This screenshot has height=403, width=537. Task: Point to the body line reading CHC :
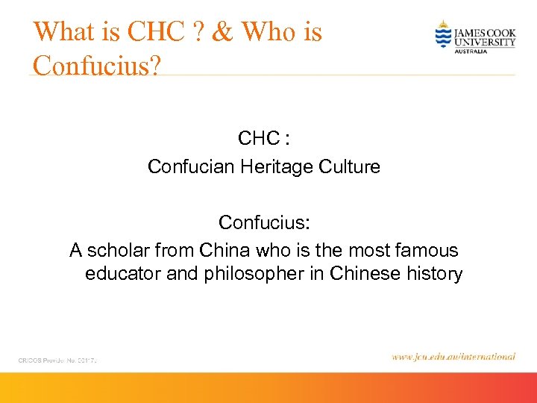click(264, 139)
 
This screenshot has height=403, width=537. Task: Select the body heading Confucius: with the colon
click(264, 223)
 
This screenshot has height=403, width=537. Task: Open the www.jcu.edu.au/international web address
click(453, 357)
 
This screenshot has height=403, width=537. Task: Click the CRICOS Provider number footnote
click(58, 360)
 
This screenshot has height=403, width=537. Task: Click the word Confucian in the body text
click(191, 166)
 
